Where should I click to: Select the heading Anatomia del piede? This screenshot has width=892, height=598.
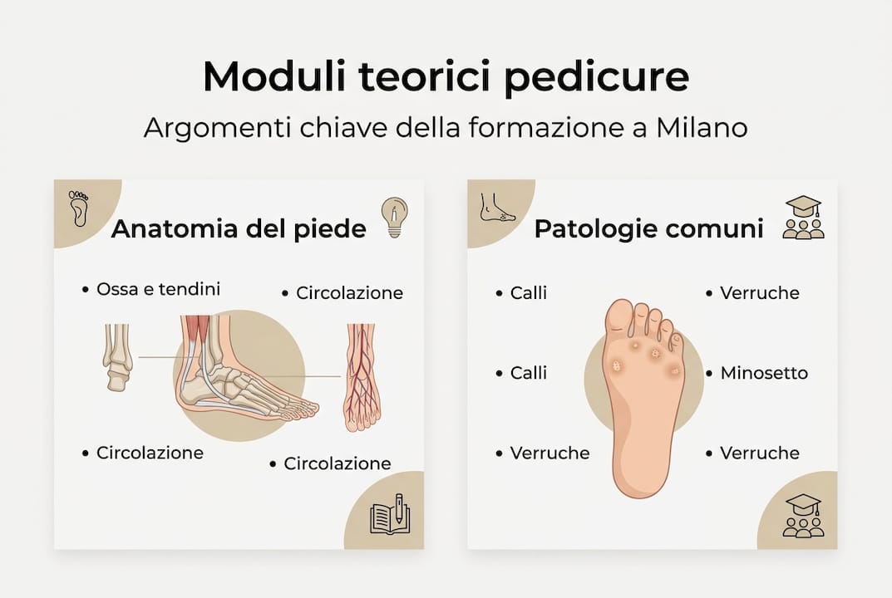pyautogui.click(x=239, y=228)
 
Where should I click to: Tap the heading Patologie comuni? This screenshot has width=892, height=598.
pyautogui.click(x=648, y=228)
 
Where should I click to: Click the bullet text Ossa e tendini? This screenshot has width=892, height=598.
pyautogui.click(x=159, y=289)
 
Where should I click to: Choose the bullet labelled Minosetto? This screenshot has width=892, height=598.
pyautogui.click(x=764, y=373)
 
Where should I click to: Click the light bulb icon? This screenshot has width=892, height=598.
pyautogui.click(x=394, y=217)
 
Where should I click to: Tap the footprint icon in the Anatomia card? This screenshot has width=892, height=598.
pyautogui.click(x=79, y=208)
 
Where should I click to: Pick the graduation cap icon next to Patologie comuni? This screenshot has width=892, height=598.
pyautogui.click(x=803, y=218)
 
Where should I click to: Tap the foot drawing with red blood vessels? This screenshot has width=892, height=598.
pyautogui.click(x=362, y=378)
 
